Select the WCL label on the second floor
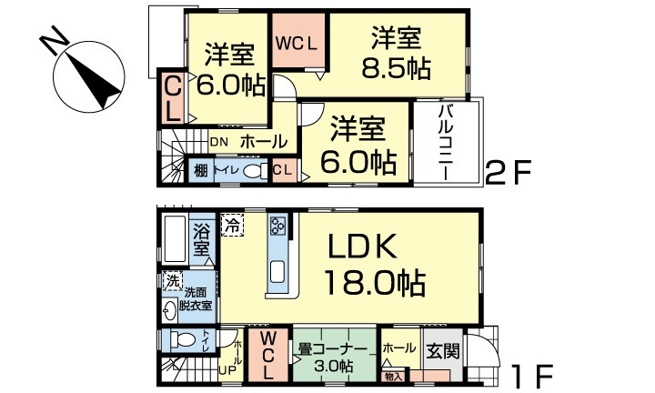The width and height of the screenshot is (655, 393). (299, 44)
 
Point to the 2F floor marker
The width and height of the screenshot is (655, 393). (512, 172)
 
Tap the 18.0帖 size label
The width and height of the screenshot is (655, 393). (373, 284)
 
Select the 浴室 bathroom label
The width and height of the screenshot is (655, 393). (201, 239)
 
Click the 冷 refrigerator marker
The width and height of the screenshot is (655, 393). (234, 223)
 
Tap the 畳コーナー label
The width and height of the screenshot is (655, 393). (332, 349)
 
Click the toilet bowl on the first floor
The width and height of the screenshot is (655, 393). (185, 340)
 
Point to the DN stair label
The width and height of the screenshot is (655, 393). (219, 142)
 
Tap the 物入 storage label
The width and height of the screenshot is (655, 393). (393, 374)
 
